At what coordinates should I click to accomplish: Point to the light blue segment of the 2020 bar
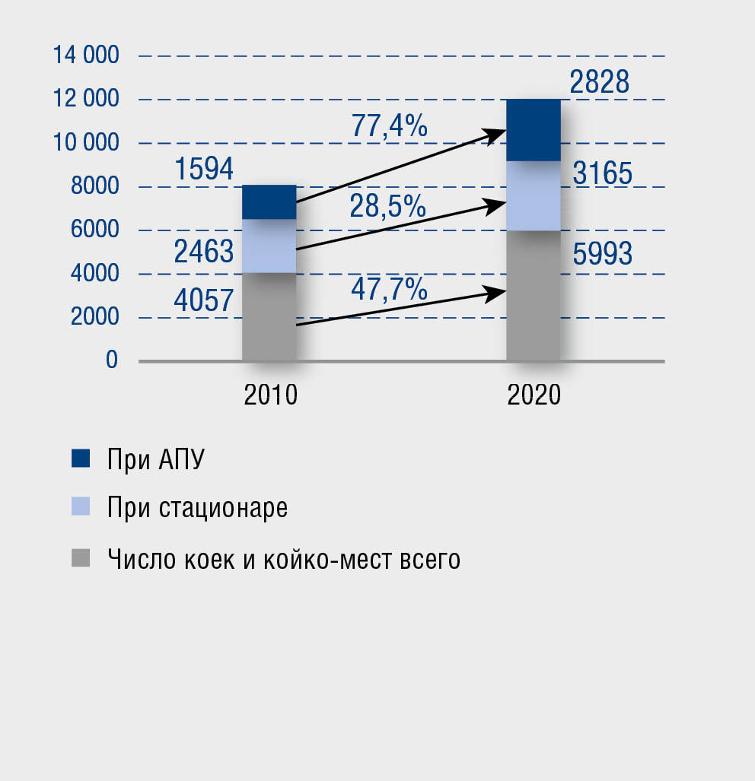coord(534,195)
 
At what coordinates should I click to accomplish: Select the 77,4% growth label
coord(389,125)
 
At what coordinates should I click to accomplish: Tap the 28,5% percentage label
coord(387,206)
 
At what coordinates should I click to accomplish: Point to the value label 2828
coord(600,82)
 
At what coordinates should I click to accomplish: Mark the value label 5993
coord(602,254)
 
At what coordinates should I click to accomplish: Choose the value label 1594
coord(204,170)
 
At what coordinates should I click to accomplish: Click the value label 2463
coord(204,252)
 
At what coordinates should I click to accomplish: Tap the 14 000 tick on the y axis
coord(86,55)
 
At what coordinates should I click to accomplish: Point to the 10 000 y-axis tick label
coord(86,142)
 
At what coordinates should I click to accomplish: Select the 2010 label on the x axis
coord(270,395)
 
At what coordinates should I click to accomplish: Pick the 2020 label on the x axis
coord(534,395)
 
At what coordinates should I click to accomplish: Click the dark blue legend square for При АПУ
coord(81,458)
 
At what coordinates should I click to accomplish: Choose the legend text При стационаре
coord(198,507)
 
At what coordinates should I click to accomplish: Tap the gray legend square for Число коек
coord(81,558)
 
